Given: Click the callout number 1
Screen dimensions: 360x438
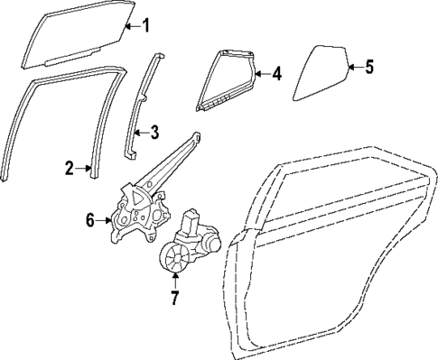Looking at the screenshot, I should pos(148,24).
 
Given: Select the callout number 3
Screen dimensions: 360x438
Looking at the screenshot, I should pos(154,133).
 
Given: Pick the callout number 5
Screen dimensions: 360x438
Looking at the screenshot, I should pos(368,66).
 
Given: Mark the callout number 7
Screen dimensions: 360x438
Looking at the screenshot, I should pos(175,294).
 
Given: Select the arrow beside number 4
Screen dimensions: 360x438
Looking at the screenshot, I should pos(263,73).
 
